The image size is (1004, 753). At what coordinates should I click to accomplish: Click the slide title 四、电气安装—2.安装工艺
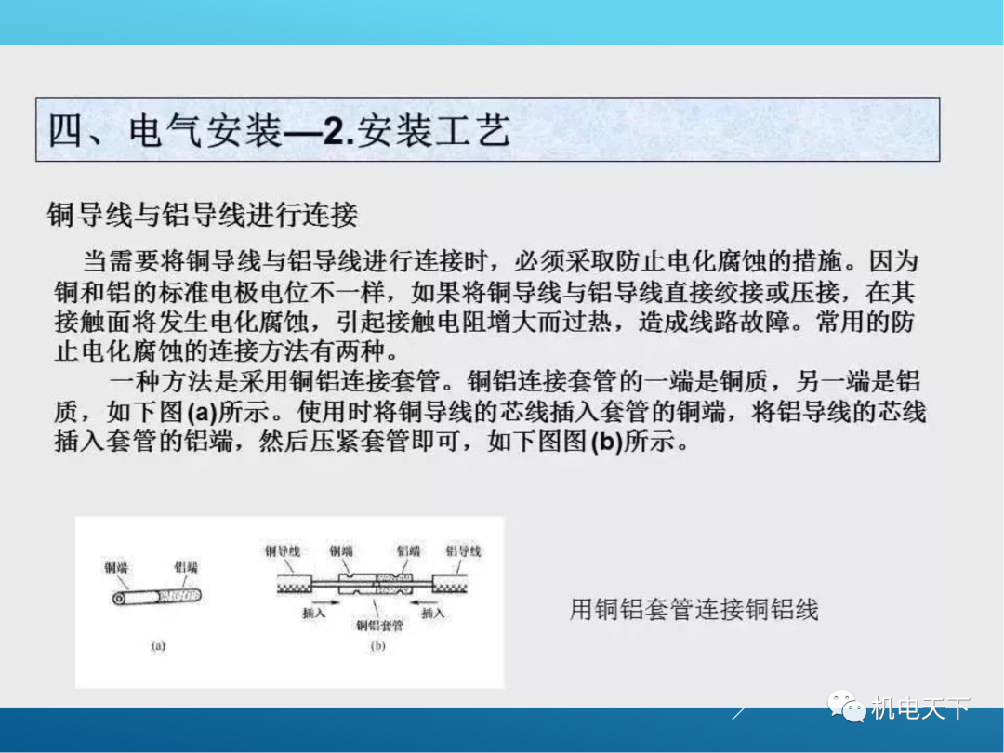point(279,131)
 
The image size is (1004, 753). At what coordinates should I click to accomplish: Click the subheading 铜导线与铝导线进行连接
point(203,216)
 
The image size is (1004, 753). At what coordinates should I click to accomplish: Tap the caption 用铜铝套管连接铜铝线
point(694,610)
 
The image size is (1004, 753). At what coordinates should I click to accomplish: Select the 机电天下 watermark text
point(920,709)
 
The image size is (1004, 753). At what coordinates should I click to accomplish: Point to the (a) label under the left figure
point(158,646)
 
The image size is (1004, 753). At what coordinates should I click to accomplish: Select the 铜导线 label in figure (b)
point(283,551)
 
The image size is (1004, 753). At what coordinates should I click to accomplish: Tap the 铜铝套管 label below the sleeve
point(379,625)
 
